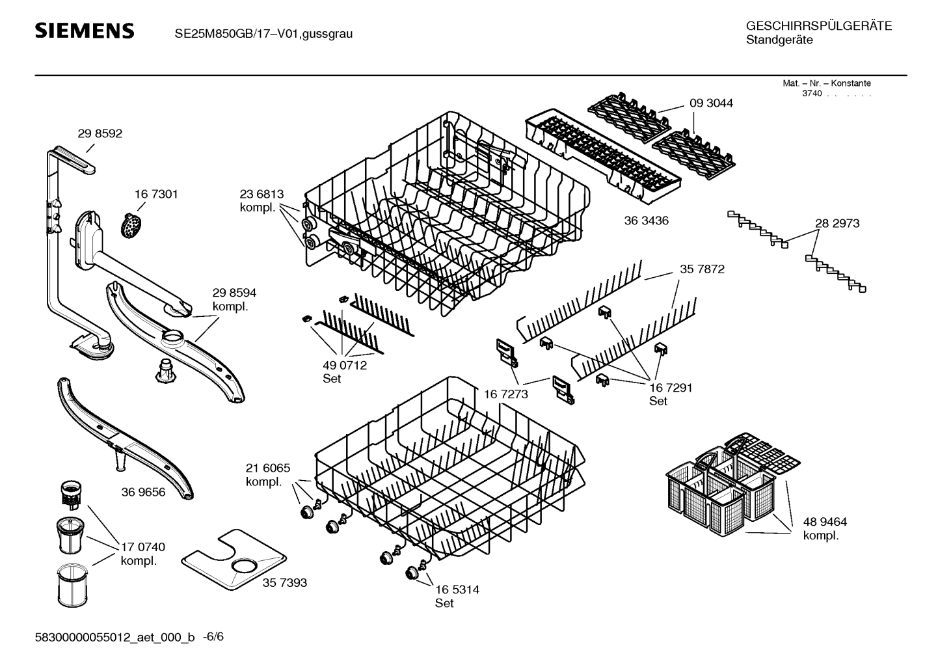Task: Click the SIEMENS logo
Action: point(84,31)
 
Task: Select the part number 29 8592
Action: point(100,133)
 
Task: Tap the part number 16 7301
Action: point(156,194)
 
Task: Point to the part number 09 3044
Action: point(711,103)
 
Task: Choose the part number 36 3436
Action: point(646,221)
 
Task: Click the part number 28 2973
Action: point(837,223)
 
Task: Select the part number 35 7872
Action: point(702,269)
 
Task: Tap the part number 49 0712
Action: point(345,365)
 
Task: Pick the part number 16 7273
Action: point(505,394)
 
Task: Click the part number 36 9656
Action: point(143,492)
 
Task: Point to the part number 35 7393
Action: point(285,583)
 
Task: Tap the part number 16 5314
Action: point(457,589)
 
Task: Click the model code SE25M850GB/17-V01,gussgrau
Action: point(263,33)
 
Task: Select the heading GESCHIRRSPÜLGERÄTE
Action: point(818,26)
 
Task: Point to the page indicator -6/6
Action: point(213,636)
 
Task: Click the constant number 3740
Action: point(811,94)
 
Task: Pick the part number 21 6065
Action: point(268,468)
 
